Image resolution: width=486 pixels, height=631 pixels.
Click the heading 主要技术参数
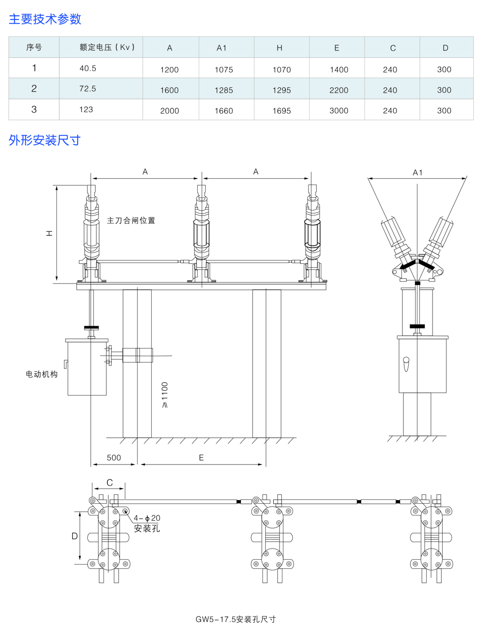[x=45, y=19]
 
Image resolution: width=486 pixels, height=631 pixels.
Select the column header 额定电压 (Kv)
[x=107, y=48]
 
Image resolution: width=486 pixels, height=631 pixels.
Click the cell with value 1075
[x=224, y=69]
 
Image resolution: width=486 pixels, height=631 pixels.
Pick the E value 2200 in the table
[x=338, y=90]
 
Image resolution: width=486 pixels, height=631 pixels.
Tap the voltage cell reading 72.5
[x=87, y=89]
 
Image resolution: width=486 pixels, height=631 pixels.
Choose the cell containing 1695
[x=281, y=111]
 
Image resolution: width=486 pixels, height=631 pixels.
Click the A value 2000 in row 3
[x=169, y=111]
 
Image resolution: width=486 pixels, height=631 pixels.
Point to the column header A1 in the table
[x=222, y=48]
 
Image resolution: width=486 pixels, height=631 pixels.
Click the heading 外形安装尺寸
[x=44, y=140]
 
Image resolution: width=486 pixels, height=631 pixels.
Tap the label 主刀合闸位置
[x=131, y=220]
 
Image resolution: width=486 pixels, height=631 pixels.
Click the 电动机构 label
[x=41, y=374]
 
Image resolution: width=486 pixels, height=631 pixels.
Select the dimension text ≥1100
[x=164, y=395]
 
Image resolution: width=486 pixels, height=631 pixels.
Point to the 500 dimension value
[x=114, y=458]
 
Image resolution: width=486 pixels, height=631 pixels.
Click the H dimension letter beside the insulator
[x=49, y=233]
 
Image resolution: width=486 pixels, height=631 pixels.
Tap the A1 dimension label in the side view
[x=417, y=172]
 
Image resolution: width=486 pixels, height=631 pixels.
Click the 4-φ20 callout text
[x=146, y=518]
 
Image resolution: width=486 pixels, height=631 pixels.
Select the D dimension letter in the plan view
[x=74, y=536]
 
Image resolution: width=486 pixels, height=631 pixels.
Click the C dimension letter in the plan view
[x=109, y=483]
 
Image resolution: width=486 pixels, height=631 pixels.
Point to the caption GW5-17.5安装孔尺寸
[x=236, y=619]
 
